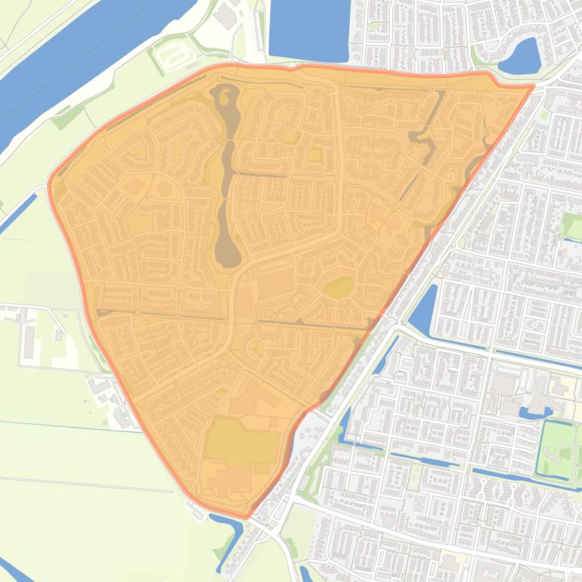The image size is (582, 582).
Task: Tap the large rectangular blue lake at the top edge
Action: [x=308, y=30]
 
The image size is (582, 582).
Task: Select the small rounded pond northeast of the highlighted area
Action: [x=522, y=57]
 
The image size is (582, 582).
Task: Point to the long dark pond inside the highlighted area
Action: [x=227, y=181]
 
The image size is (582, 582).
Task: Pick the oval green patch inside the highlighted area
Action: [x=339, y=287]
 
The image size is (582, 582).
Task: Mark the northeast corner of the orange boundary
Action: [x=532, y=86]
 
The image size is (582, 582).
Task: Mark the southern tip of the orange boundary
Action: [x=246, y=517]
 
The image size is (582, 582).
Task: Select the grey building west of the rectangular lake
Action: [x=224, y=17]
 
